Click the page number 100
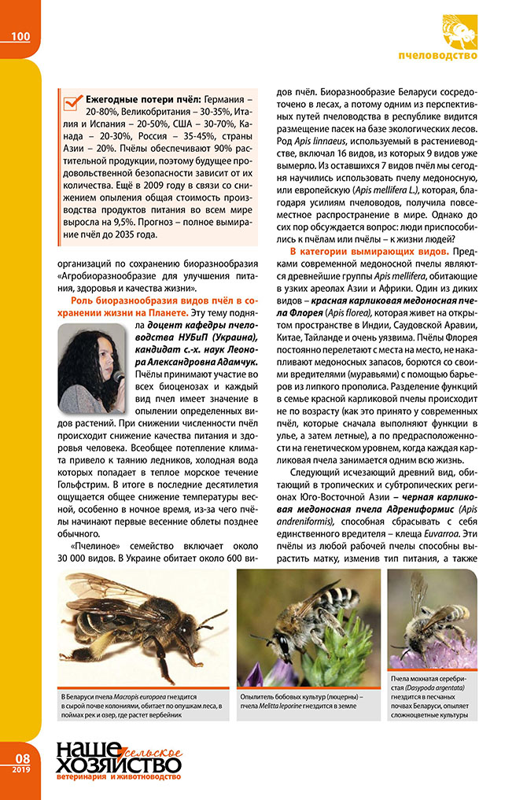[20, 35]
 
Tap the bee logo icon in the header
[460, 33]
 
